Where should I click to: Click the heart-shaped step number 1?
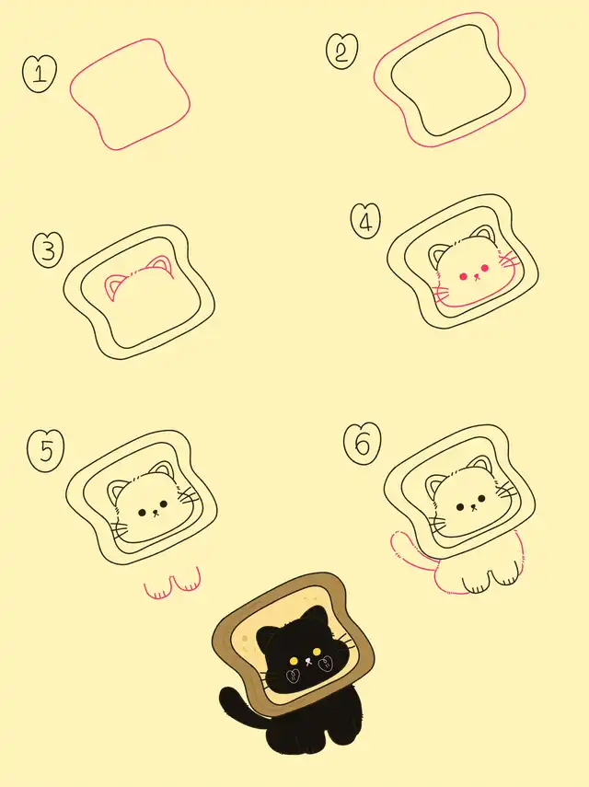point(40,75)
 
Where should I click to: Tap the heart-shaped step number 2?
point(342,52)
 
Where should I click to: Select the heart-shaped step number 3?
point(48,250)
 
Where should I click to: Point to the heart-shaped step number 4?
point(365,221)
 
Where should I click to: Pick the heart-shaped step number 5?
point(46,451)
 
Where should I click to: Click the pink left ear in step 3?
point(114,287)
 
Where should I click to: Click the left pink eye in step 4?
point(464,276)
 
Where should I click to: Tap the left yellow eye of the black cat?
point(294,659)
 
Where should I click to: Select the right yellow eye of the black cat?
point(317,652)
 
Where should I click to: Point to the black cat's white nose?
point(307,662)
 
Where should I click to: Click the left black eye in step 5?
point(142,512)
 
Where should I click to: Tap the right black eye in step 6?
point(481,499)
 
